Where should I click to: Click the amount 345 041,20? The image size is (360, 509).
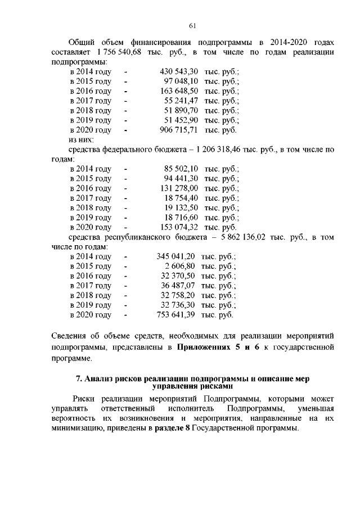pyautogui.click(x=176, y=256)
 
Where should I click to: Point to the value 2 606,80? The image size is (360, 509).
pyautogui.click(x=180, y=266)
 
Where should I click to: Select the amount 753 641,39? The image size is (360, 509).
pyautogui.click(x=176, y=315)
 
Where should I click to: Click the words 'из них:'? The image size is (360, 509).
pyautogui.click(x=81, y=139)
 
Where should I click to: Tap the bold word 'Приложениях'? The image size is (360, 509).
pyautogui.click(x=206, y=348)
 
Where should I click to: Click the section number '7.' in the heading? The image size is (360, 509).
pyautogui.click(x=79, y=379)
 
